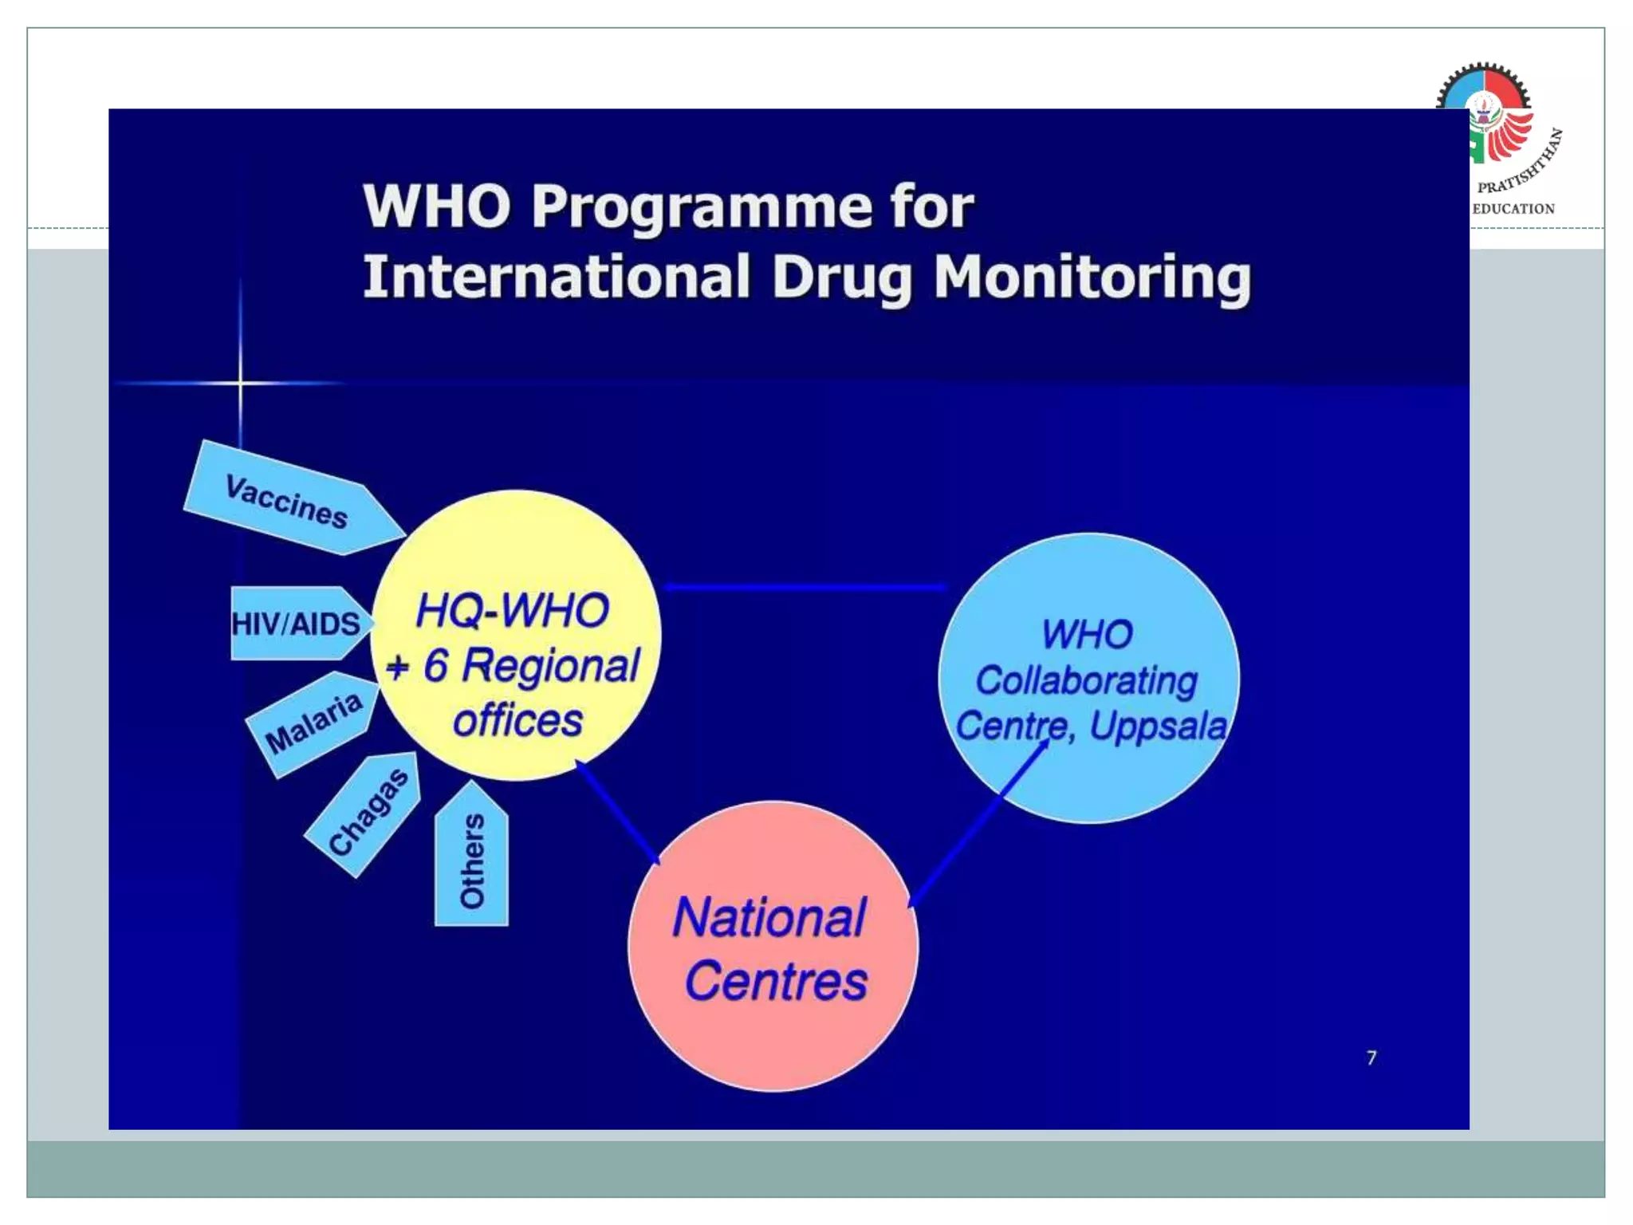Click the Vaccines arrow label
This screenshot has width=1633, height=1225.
click(287, 501)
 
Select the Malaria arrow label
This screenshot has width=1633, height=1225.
click(313, 723)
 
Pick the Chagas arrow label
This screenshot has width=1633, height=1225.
click(368, 812)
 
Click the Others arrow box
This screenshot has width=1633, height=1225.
click(471, 861)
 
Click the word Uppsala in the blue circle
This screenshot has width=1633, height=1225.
click(1158, 726)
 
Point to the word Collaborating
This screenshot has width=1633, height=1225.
click(1086, 680)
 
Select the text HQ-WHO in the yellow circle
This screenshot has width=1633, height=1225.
click(512, 610)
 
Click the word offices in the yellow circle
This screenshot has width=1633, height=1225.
click(517, 719)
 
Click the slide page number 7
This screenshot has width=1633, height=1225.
click(1371, 1058)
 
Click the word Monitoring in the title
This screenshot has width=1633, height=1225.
click(1092, 277)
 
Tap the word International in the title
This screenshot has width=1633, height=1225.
click(557, 277)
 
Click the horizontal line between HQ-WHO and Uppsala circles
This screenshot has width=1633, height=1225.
click(805, 587)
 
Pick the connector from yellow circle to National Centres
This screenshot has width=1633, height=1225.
click(618, 813)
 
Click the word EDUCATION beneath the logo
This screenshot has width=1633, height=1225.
click(1513, 209)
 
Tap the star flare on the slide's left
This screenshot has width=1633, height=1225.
click(240, 384)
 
